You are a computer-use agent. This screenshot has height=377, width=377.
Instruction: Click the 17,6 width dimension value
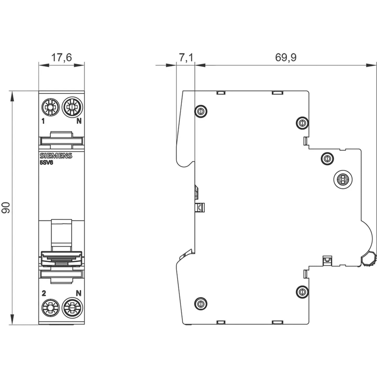[61, 57]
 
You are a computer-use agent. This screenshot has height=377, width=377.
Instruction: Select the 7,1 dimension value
[186, 57]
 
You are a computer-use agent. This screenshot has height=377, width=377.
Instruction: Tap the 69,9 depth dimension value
[286, 57]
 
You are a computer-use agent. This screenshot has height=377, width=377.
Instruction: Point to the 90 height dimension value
[6, 208]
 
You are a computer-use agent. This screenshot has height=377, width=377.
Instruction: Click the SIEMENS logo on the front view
[56, 156]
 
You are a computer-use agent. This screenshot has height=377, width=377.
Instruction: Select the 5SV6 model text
[46, 163]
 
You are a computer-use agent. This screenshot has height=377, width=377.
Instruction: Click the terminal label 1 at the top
[43, 121]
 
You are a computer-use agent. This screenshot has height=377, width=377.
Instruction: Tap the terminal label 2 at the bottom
[44, 293]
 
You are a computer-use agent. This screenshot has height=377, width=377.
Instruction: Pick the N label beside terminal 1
[79, 121]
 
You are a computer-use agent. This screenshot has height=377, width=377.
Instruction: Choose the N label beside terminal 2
[79, 293]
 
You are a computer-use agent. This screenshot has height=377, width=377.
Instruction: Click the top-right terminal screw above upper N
[72, 107]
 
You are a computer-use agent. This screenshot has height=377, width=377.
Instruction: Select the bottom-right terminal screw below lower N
[72, 307]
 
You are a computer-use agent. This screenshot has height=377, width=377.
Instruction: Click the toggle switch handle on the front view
[62, 258]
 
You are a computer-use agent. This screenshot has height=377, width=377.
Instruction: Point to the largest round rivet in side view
[343, 180]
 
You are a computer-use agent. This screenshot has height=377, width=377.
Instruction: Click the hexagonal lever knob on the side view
[368, 259]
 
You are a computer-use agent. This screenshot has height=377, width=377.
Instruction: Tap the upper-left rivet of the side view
[201, 111]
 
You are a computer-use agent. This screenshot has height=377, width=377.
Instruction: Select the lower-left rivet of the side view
[201, 304]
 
